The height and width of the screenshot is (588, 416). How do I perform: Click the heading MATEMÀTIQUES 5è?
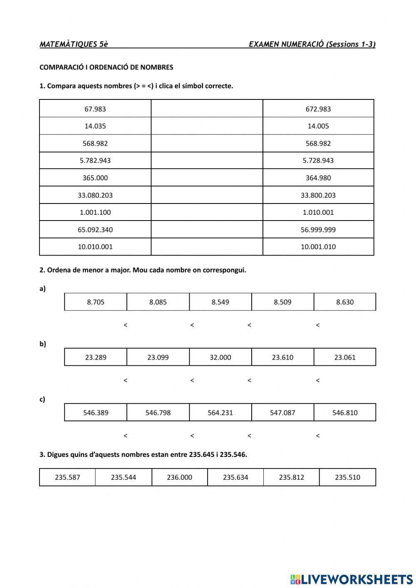pos(74,45)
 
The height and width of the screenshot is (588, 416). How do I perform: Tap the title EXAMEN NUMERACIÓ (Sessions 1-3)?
pos(312,45)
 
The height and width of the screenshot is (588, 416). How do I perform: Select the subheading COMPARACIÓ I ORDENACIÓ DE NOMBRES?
pos(106,67)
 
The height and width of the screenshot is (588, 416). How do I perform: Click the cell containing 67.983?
pos(95,109)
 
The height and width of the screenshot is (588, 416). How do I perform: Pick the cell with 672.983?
pos(318,109)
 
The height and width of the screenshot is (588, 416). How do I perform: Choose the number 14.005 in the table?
pos(318,126)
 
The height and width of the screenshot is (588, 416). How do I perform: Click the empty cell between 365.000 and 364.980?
pos(207,178)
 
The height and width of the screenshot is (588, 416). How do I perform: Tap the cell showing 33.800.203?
pos(318,195)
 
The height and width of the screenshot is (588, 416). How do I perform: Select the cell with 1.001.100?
pos(95,212)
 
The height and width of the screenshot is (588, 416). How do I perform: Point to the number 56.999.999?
pos(318,230)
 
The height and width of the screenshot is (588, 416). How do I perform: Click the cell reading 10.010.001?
pos(95,247)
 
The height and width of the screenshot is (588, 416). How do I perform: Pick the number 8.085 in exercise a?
pos(158,302)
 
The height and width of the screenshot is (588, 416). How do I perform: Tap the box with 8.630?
pos(345,302)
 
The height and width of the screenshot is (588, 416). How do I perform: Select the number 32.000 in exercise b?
pos(220,357)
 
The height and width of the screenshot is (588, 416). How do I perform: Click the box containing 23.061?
pos(345,357)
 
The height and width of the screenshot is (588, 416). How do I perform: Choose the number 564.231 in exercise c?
pos(220,413)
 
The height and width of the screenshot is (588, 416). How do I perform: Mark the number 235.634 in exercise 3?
pos(235,477)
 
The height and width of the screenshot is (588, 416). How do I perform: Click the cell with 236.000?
pos(180,477)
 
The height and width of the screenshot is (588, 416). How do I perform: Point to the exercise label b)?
pos(42,344)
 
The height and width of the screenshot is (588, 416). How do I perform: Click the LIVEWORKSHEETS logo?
pos(352,579)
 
